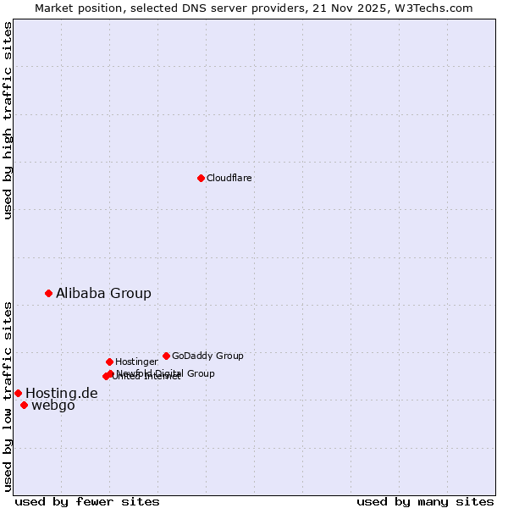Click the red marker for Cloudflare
tap(201, 178)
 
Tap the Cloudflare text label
tap(229, 178)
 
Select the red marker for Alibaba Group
tap(49, 293)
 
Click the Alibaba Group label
tap(103, 293)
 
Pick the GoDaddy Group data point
tap(166, 356)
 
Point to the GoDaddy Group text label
tap(207, 356)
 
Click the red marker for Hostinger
tap(109, 362)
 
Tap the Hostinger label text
tap(136, 362)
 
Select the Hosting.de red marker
tap(18, 393)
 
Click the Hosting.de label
tap(61, 393)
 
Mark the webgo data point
tap(24, 405)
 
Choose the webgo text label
tap(52, 406)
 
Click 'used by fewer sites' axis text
tap(87, 501)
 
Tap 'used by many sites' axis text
tap(425, 501)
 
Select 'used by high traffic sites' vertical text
tap(8, 120)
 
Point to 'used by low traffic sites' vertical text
tap(8, 395)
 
